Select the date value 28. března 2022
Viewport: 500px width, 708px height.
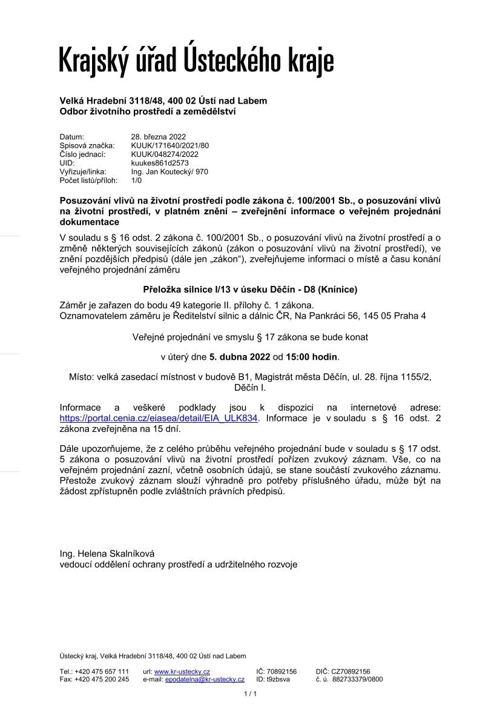[x=159, y=137]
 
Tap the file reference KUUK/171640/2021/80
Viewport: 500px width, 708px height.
[x=170, y=146]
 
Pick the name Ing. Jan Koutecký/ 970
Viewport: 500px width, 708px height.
[x=169, y=172]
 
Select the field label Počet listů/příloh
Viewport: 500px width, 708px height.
[x=88, y=180]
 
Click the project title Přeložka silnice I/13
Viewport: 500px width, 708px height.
[x=249, y=289]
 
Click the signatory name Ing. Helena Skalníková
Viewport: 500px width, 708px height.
[x=108, y=554]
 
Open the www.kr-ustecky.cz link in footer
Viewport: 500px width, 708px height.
[x=182, y=672]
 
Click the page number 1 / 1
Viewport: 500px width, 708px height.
[x=250, y=693]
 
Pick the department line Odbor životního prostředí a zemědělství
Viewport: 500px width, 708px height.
[x=148, y=111]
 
